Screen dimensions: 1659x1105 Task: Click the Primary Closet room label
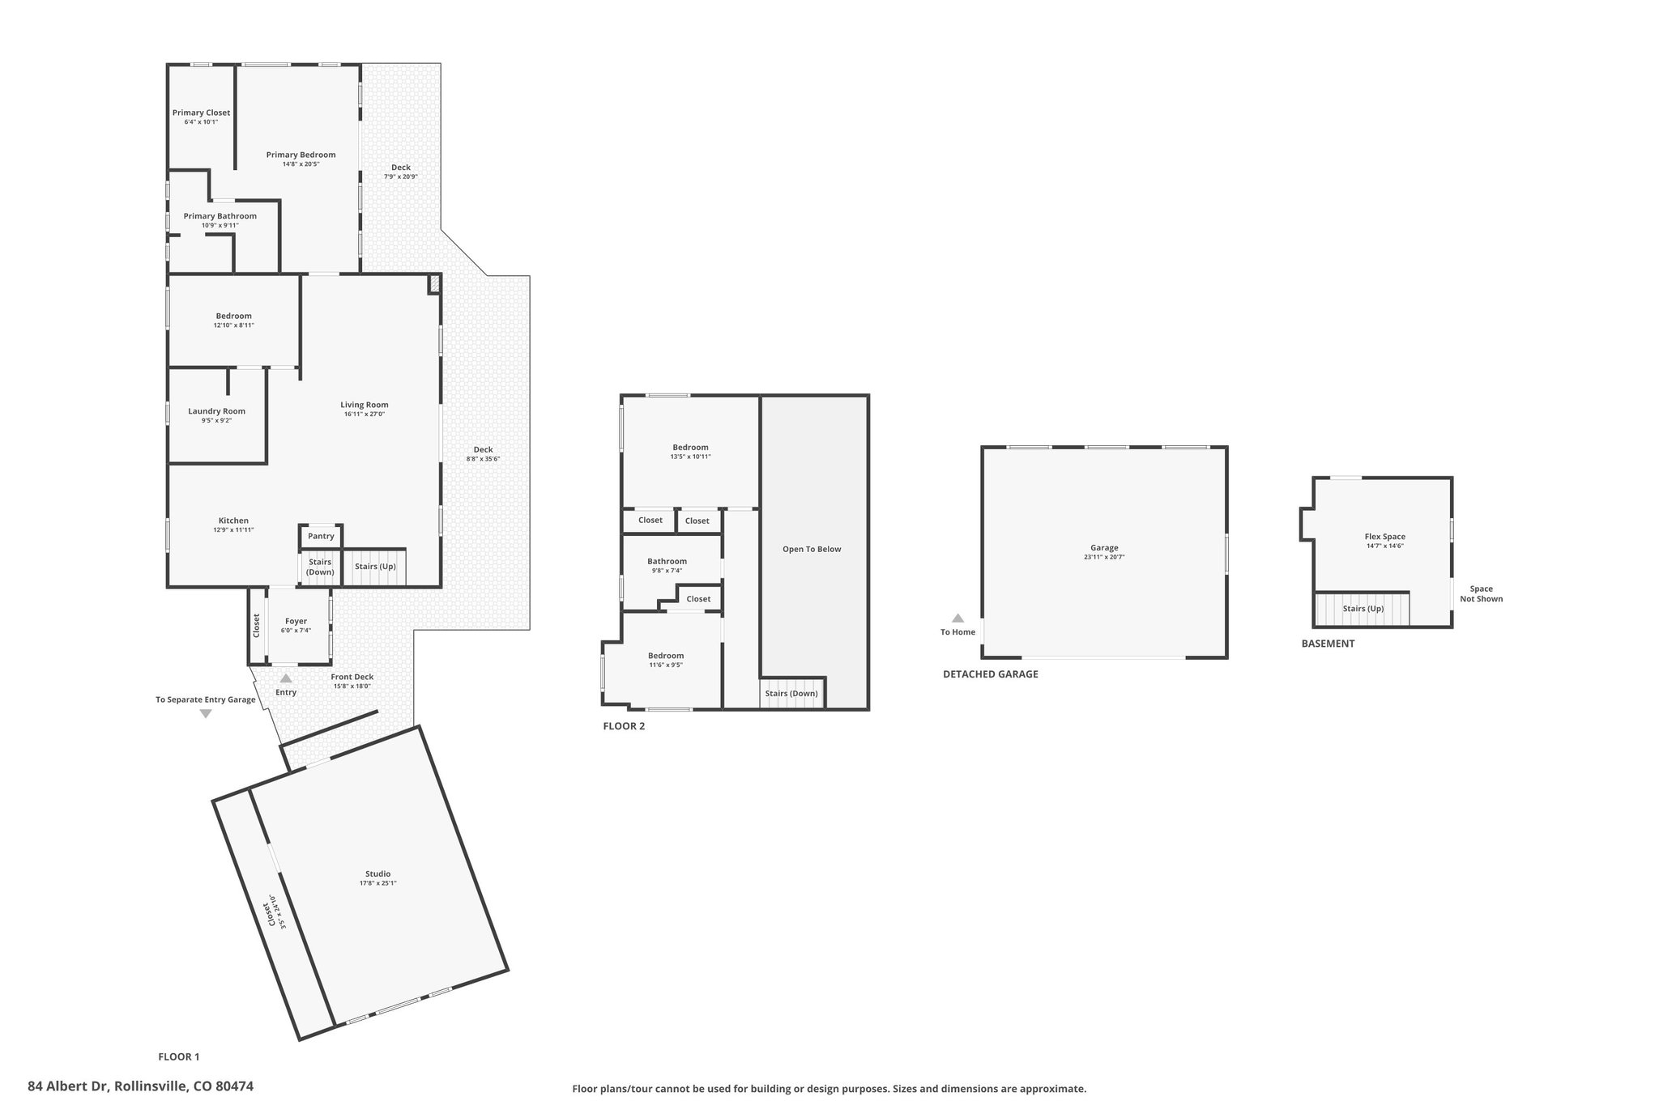point(201,113)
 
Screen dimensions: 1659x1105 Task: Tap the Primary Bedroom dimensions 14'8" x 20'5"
point(301,164)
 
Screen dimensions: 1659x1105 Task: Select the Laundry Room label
point(216,411)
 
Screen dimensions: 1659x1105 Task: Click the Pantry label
point(321,536)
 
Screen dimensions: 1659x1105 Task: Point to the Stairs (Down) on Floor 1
point(320,567)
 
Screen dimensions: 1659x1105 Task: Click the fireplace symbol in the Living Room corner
point(434,283)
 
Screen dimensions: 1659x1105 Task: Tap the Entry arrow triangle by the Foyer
point(286,678)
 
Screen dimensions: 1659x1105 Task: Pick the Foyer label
point(296,621)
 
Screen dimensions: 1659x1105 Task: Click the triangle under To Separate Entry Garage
point(206,713)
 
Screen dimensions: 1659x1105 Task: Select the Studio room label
point(378,873)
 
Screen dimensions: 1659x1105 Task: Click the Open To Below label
point(812,549)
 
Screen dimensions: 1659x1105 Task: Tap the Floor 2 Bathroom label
point(667,561)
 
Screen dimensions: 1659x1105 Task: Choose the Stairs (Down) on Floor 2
point(791,694)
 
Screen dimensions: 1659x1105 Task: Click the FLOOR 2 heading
point(624,726)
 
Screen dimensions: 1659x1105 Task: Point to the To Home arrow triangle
point(957,618)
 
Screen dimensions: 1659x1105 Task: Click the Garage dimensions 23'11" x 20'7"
point(1104,557)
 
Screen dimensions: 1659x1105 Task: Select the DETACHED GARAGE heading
point(990,674)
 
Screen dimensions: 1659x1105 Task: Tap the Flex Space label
point(1385,537)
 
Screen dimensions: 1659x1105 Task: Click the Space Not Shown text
point(1482,594)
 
